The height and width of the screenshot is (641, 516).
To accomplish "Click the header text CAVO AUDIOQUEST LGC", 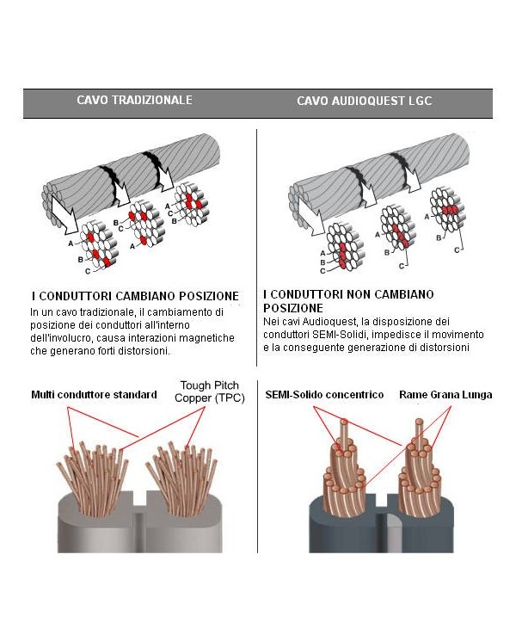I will tap(364, 101).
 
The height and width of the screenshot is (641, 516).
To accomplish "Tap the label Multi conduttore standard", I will tap(94, 395).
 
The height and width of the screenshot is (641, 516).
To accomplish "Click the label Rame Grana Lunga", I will tap(445, 395).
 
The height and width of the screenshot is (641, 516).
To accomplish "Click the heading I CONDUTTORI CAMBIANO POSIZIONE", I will tap(134, 296).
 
